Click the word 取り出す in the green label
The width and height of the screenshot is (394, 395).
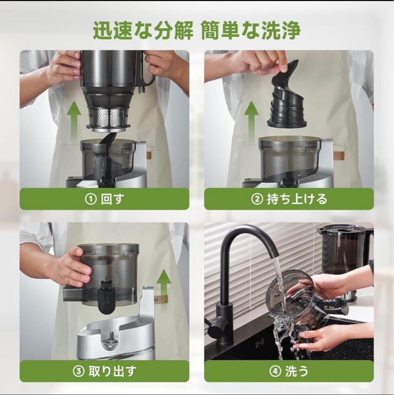point(112,372)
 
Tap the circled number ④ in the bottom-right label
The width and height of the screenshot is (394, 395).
point(275,372)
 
